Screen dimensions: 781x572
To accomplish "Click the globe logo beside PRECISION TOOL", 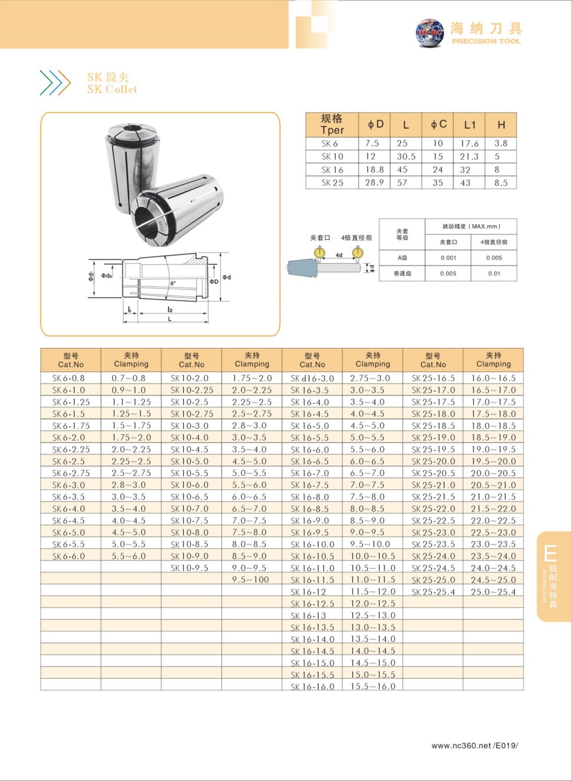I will click(x=430, y=33).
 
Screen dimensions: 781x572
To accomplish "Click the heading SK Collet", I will click(x=112, y=89).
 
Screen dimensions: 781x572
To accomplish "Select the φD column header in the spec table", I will click(x=375, y=124).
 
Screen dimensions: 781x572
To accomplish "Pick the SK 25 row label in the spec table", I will click(x=332, y=183).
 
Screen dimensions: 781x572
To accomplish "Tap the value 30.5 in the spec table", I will click(x=406, y=156).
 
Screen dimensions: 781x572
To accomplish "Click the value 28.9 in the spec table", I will click(x=374, y=182).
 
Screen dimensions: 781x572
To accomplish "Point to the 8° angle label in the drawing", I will click(x=173, y=283).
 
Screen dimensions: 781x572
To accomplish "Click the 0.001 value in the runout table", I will click(x=448, y=258).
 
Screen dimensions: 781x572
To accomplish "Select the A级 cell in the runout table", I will click(x=402, y=258).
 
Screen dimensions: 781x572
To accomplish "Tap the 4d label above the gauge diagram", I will click(x=339, y=255).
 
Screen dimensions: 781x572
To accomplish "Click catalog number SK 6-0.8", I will click(x=69, y=378).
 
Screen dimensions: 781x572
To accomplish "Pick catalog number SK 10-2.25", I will click(x=192, y=390).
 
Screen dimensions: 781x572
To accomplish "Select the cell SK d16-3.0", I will click(x=312, y=378).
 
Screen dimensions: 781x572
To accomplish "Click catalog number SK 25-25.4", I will click(x=433, y=592).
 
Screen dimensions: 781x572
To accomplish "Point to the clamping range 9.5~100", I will click(x=251, y=580).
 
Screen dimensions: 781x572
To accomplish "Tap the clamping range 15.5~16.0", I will click(x=372, y=687).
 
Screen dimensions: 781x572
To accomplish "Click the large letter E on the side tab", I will click(x=550, y=553).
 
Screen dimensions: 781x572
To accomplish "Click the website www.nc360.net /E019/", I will click(x=475, y=746).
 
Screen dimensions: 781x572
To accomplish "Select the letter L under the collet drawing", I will click(x=169, y=318).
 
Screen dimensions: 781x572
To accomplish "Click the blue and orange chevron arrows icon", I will click(x=55, y=83).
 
